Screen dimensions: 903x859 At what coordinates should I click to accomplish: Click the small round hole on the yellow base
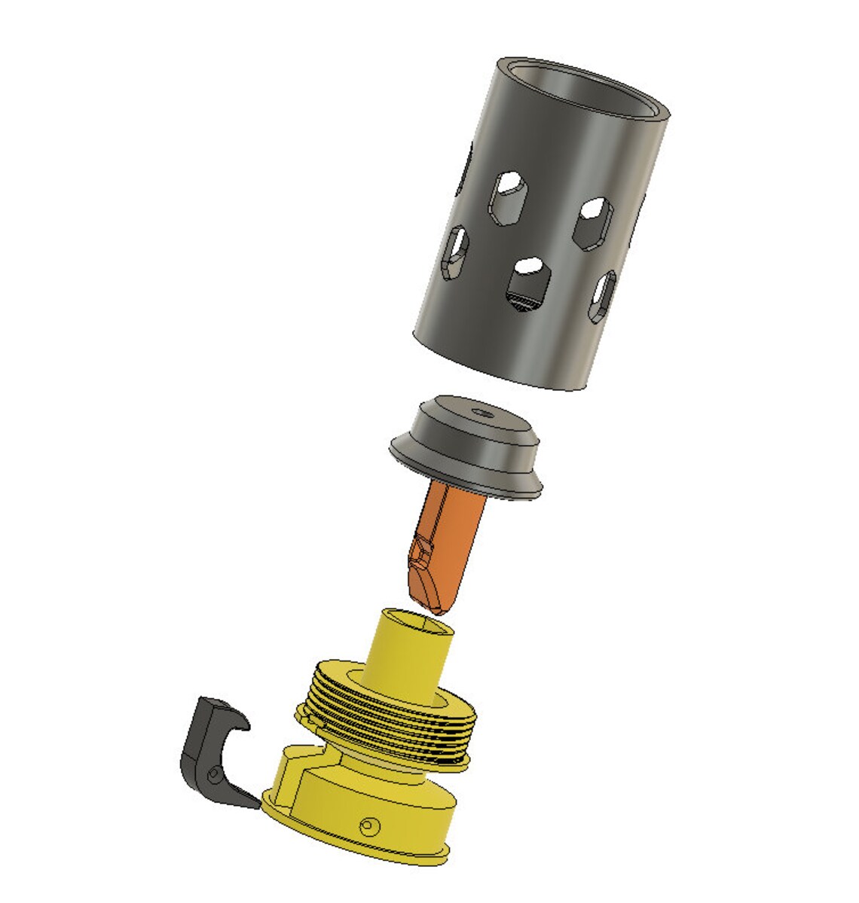tap(368, 826)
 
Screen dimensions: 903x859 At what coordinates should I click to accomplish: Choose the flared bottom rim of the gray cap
tap(467, 474)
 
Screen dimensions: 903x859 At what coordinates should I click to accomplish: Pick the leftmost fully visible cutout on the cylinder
tap(456, 252)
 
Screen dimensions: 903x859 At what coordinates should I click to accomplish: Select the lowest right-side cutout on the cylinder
tap(604, 297)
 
